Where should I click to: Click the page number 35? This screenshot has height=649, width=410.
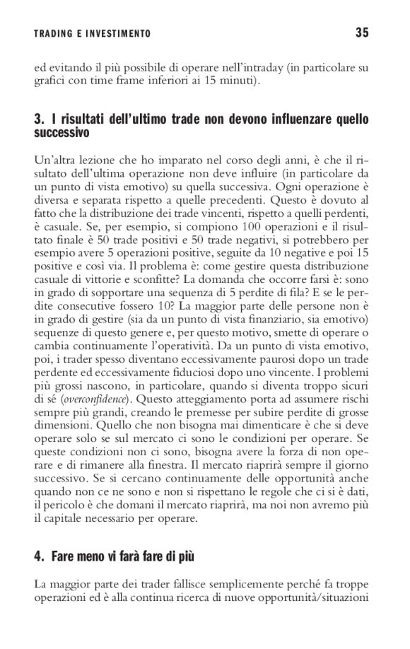363,33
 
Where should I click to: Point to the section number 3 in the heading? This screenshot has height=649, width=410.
38,119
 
